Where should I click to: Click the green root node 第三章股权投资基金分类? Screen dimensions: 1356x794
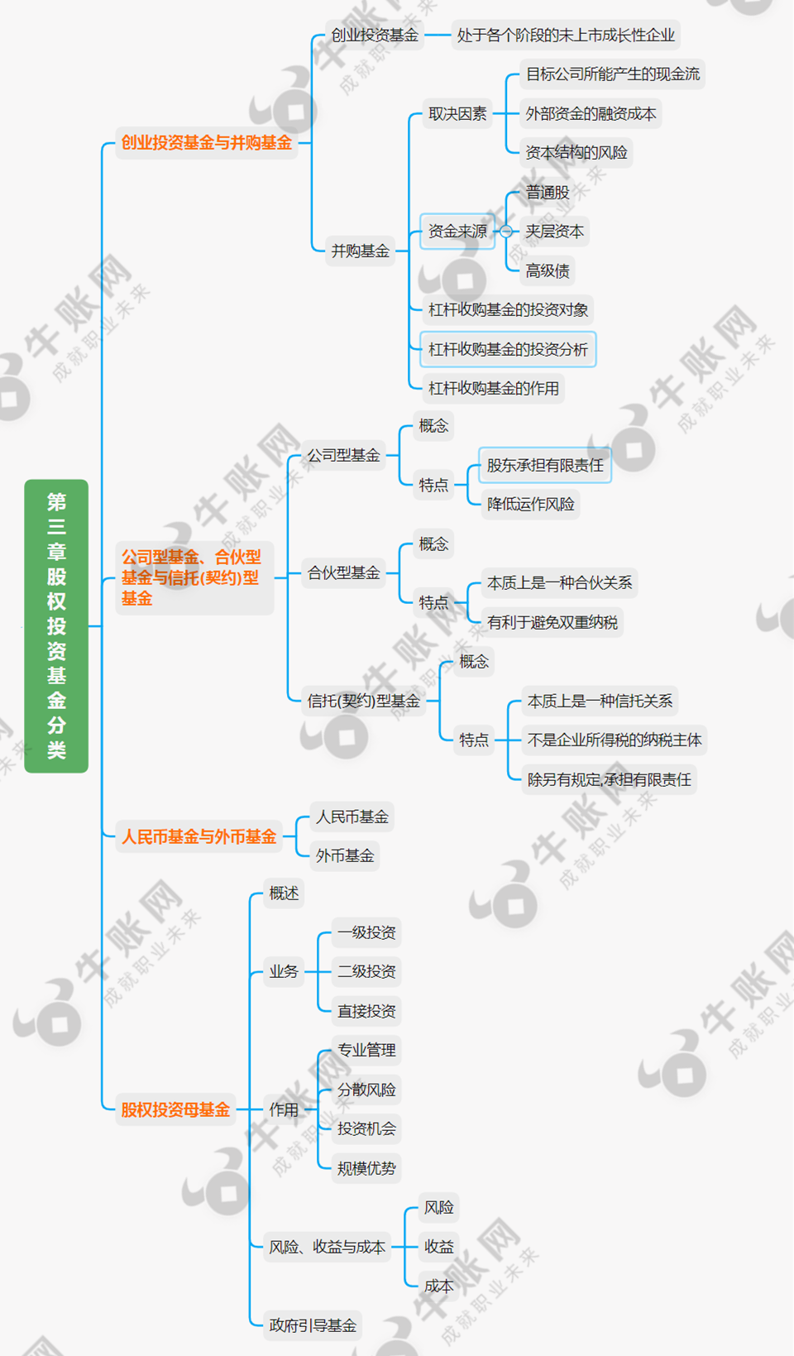click(x=56, y=625)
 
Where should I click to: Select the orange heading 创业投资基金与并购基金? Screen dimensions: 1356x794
click(x=206, y=143)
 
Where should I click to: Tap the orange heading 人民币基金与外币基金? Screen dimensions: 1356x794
click(x=198, y=836)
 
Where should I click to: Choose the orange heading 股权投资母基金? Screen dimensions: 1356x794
click(x=175, y=1109)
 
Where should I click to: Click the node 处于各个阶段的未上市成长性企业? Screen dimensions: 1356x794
click(x=566, y=36)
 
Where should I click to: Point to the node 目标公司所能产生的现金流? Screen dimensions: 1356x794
click(x=612, y=74)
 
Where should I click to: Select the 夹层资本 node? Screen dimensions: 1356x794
click(x=554, y=232)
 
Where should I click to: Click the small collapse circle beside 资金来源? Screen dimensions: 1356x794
click(x=506, y=232)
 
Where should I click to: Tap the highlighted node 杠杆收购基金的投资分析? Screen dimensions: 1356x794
click(x=508, y=350)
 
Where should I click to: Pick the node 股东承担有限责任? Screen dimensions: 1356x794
click(x=545, y=465)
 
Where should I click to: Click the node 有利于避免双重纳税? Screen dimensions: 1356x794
click(x=552, y=622)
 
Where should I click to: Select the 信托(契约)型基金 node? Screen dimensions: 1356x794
click(x=363, y=701)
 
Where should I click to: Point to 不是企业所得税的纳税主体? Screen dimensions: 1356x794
click(x=614, y=740)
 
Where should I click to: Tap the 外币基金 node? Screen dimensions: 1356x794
click(x=345, y=855)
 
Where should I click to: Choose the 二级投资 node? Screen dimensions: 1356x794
click(x=366, y=971)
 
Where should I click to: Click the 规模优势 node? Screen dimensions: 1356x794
click(x=366, y=1168)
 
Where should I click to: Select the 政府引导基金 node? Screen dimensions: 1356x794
click(x=313, y=1325)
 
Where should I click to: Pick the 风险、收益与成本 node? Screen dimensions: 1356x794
click(x=327, y=1247)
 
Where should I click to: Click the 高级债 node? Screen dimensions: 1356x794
click(x=547, y=271)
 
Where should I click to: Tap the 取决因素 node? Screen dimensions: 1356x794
click(x=457, y=114)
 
